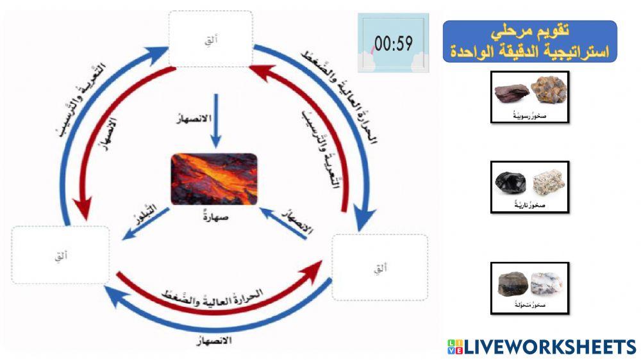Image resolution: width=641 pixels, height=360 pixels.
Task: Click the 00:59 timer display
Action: [x=393, y=44]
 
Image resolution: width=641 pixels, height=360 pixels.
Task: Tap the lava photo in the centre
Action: [x=214, y=179]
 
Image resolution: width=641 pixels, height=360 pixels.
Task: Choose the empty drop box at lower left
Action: [x=60, y=256]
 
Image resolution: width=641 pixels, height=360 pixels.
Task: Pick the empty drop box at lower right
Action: [x=380, y=267]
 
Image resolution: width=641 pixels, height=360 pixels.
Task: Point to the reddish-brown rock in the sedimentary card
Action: [x=512, y=92]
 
